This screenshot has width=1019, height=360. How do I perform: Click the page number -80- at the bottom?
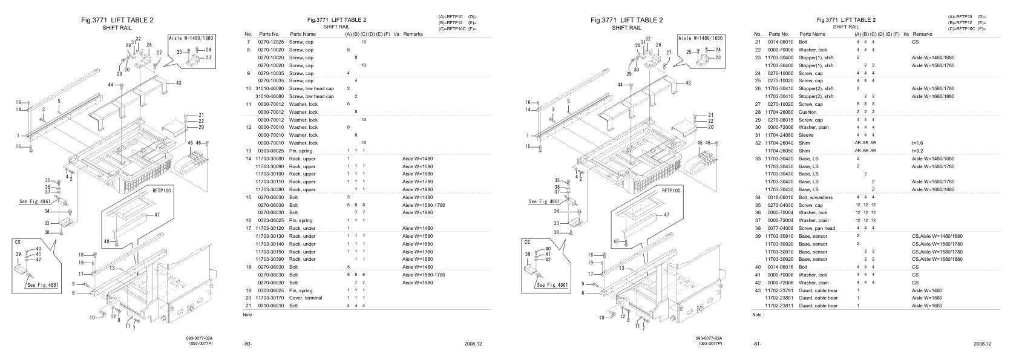coord(247,344)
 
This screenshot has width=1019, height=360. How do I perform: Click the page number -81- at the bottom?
coord(756,344)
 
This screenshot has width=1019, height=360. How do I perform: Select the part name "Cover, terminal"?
coord(306,298)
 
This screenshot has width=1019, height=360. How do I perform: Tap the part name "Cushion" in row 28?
coord(807,112)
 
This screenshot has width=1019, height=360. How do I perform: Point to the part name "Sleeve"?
coord(806,135)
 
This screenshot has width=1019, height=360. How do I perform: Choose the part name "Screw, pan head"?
coord(816,228)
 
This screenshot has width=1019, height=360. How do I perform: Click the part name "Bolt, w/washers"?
coord(815,197)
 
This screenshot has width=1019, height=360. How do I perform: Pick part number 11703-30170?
coord(269,298)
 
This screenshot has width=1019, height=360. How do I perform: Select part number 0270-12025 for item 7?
coord(270,42)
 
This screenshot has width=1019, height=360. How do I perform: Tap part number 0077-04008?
coord(780,228)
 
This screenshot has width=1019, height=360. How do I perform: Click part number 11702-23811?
coord(779,306)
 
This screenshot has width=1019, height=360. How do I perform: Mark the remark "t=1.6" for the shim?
coord(918,143)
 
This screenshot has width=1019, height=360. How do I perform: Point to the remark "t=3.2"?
coord(918,151)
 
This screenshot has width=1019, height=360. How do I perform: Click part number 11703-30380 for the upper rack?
coord(269,189)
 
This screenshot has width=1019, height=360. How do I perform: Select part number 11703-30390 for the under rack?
coord(269,259)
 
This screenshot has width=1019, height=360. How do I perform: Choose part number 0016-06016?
coord(780,197)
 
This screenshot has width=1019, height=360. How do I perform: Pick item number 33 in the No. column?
coord(757,159)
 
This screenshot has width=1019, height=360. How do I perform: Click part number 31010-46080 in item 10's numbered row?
coord(269,88)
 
